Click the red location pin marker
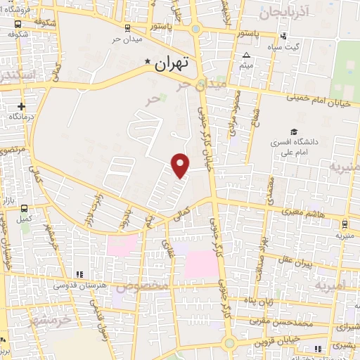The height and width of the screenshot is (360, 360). [181, 165]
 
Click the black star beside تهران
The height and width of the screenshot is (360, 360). [147, 62]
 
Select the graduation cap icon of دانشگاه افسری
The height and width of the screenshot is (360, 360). [294, 131]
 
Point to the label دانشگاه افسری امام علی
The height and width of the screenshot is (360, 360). [300, 146]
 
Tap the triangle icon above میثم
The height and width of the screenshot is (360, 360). [246, 56]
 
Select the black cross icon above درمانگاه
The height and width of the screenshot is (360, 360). [22, 107]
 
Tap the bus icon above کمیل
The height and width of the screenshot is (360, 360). [25, 209]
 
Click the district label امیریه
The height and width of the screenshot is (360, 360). [331, 286]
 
